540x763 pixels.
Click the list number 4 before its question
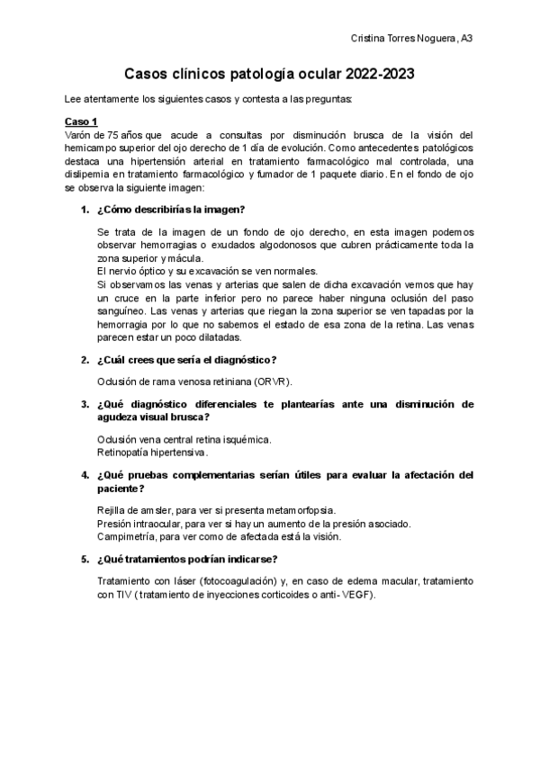[x=85, y=474]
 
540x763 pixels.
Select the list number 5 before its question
[x=85, y=558]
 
